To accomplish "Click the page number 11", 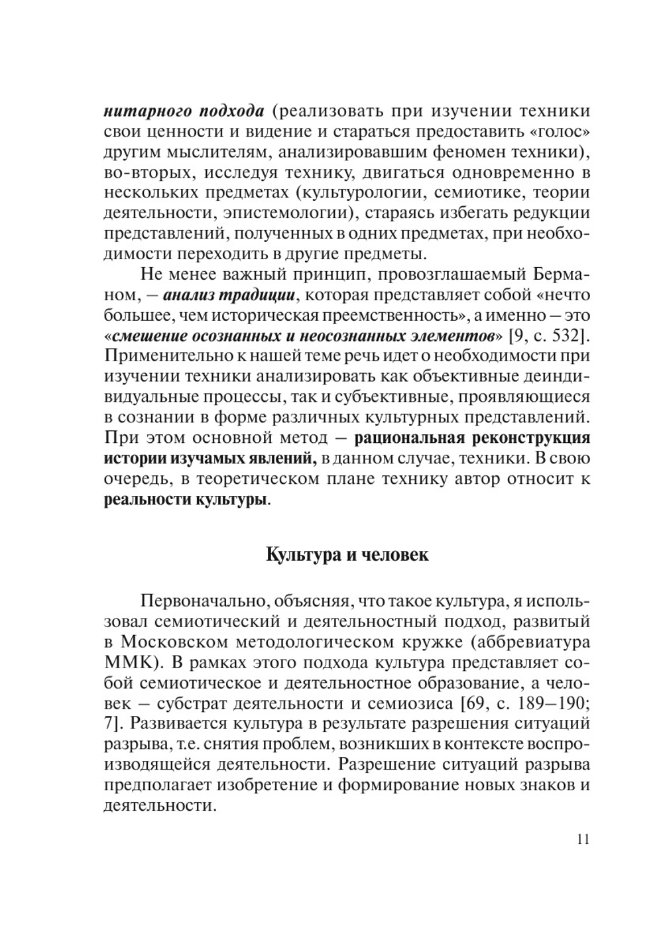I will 583,840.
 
